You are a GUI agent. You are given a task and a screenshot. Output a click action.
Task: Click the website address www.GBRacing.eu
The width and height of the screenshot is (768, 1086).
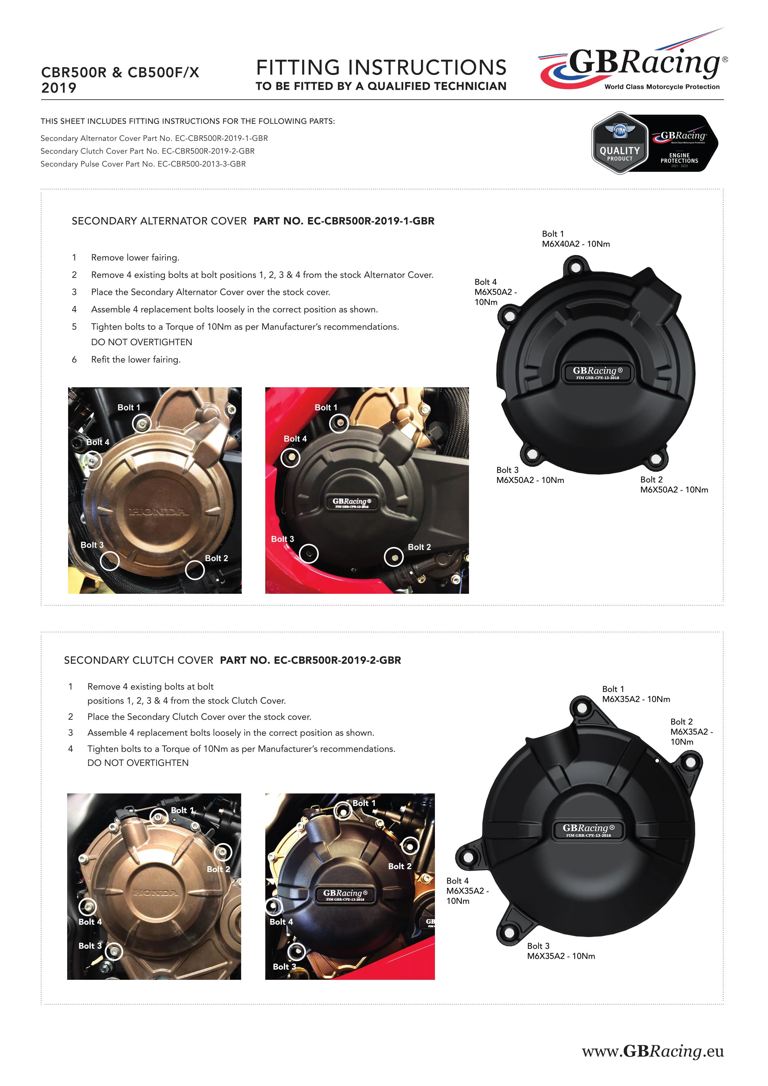tap(653, 1051)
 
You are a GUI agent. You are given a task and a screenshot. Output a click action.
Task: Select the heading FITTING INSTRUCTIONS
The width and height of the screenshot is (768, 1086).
tap(381, 67)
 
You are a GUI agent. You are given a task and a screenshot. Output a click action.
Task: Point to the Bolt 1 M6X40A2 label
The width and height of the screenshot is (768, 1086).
tap(575, 239)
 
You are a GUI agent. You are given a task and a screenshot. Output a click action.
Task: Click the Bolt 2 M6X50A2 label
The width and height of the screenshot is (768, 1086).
tap(674, 484)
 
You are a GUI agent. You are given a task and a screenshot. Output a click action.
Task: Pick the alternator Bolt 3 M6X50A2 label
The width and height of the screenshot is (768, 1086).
tap(530, 475)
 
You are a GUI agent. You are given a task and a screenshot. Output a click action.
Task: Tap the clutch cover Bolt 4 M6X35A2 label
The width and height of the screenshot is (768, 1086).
tap(467, 891)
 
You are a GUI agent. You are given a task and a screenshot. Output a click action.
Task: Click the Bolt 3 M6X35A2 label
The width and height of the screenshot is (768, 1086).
tap(561, 951)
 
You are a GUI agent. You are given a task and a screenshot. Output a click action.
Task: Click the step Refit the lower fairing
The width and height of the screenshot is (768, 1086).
tap(136, 359)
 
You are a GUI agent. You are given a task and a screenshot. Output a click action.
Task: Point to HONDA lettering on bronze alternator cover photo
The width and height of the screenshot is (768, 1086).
tap(159, 512)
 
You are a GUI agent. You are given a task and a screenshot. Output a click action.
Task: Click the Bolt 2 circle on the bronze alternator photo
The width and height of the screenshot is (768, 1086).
tap(194, 570)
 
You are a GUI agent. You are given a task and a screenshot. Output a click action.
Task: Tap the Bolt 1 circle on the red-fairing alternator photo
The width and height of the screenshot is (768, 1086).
tap(339, 423)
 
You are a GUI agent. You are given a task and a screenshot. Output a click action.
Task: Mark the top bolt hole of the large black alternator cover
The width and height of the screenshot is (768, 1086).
tap(575, 268)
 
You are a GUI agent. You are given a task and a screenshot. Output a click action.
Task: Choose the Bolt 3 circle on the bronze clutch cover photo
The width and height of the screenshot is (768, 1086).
tap(114, 951)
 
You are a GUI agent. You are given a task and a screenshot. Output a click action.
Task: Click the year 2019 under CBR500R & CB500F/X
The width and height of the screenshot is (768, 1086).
tap(59, 88)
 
